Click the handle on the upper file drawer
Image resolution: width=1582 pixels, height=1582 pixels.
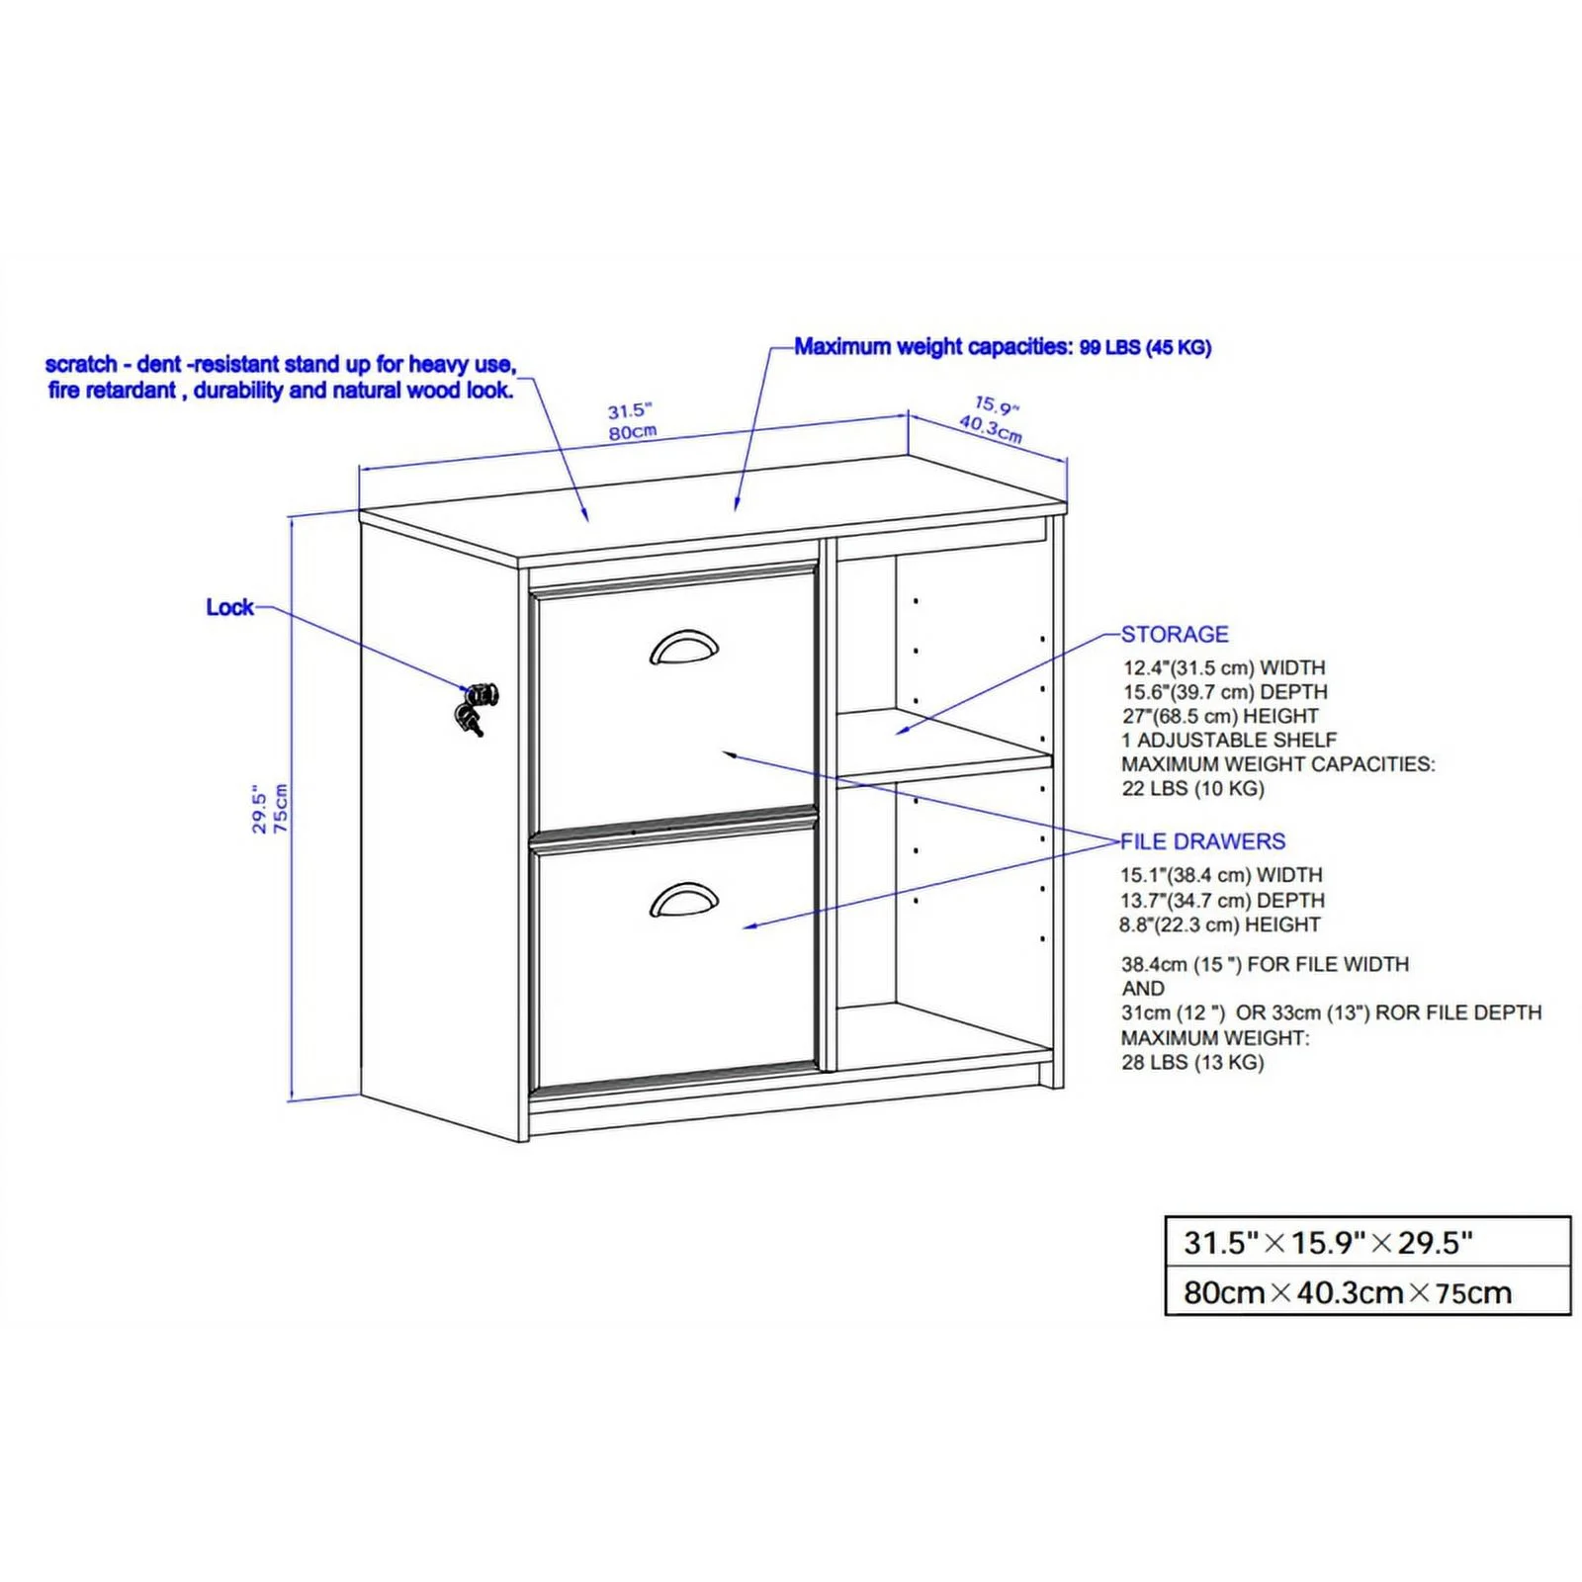[684, 649]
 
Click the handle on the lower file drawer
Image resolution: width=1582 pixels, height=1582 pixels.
[684, 900]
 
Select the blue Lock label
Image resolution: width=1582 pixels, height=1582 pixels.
[229, 607]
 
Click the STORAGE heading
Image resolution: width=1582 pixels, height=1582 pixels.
[1175, 635]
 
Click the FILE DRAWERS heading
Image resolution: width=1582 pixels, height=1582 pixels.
[1202, 841]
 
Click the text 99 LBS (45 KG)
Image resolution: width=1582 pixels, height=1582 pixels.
[1145, 348]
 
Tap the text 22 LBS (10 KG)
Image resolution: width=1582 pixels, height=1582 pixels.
[1192, 789]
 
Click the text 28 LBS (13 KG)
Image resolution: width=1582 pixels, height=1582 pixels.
[1192, 1063]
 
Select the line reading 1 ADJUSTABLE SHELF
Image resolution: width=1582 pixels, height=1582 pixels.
[1229, 741]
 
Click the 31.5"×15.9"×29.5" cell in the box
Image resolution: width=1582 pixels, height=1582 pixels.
[1328, 1243]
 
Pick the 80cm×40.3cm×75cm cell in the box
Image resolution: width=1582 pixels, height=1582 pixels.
[1348, 1293]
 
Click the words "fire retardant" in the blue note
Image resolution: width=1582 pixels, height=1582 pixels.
[112, 391]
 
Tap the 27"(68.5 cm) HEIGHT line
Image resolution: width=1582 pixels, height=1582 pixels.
[1220, 716]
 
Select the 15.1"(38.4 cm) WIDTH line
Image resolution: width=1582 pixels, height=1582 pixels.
[1221, 876]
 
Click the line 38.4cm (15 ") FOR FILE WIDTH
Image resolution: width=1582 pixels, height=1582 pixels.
[1265, 965]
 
